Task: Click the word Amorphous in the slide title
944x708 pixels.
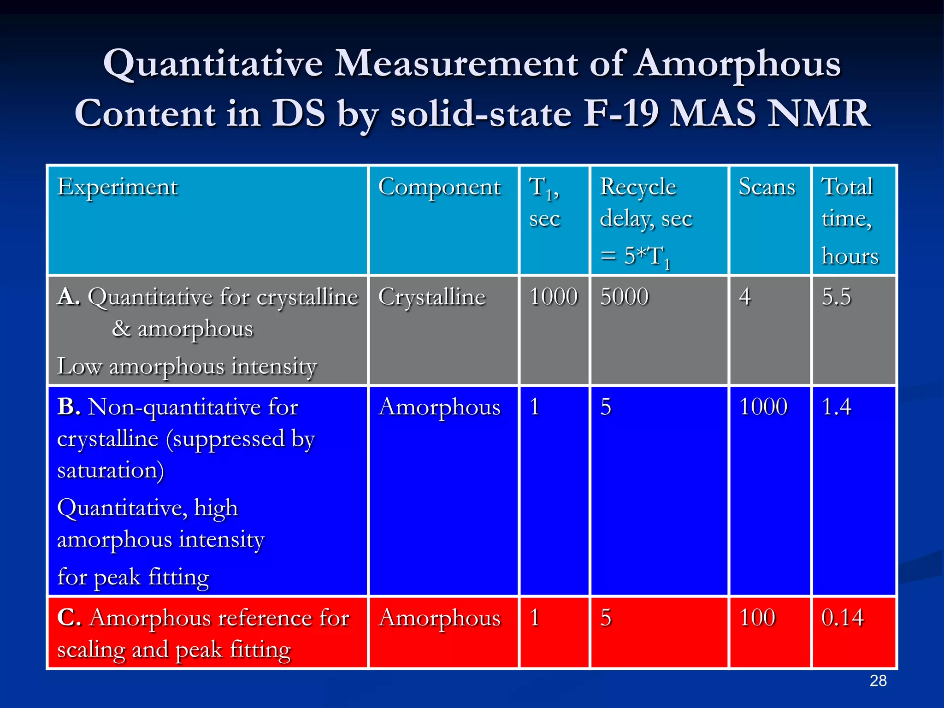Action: point(737,65)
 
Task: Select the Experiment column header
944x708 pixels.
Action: point(117,187)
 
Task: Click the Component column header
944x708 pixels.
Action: point(439,187)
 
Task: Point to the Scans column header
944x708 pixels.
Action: point(767,187)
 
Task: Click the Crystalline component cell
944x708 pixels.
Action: point(431,297)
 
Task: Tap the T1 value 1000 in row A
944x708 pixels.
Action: point(553,296)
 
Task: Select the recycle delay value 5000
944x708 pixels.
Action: point(624,296)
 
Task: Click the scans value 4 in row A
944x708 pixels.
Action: point(745,296)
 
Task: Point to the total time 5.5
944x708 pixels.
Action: point(836,296)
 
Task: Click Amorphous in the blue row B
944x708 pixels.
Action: point(439,407)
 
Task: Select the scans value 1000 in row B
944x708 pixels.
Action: point(763,407)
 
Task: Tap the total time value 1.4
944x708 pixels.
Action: point(836,407)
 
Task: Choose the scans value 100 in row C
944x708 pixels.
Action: point(757,618)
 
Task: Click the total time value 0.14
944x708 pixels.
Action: point(842,618)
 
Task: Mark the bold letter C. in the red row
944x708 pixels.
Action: point(69,618)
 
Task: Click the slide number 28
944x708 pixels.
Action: point(878,681)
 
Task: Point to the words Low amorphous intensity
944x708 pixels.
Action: point(187,366)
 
